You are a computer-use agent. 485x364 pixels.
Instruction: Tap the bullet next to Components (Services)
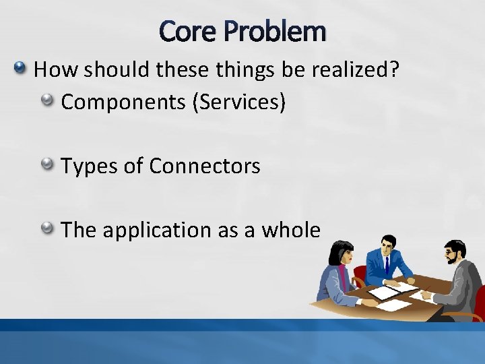(47, 100)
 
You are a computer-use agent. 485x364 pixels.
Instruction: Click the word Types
(88, 166)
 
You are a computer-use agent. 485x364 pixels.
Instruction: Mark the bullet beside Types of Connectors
(47, 164)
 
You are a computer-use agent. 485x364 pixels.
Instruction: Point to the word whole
(290, 230)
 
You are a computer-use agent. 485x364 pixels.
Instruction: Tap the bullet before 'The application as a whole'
(47, 228)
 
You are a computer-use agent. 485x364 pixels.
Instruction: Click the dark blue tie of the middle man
(387, 266)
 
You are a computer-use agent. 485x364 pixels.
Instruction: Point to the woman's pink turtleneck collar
(343, 272)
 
